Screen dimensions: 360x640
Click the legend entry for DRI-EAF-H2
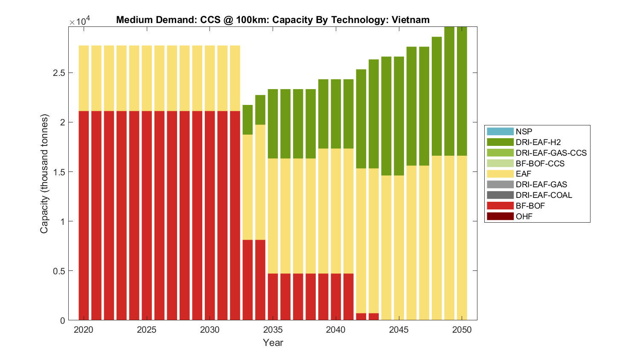(538, 142)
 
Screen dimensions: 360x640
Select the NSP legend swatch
(500, 131)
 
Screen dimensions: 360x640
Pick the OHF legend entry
(524, 216)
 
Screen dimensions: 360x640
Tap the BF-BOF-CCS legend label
(540, 163)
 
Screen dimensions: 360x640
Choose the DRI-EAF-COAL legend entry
(544, 195)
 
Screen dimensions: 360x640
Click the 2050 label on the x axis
(462, 330)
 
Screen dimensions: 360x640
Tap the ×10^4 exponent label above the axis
(79, 21)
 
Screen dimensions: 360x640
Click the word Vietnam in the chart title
(410, 20)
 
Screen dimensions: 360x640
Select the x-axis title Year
(273, 343)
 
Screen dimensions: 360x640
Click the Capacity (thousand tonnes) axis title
(44, 174)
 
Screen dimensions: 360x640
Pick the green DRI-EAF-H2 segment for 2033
(247, 120)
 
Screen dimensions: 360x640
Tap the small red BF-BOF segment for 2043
(374, 316)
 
